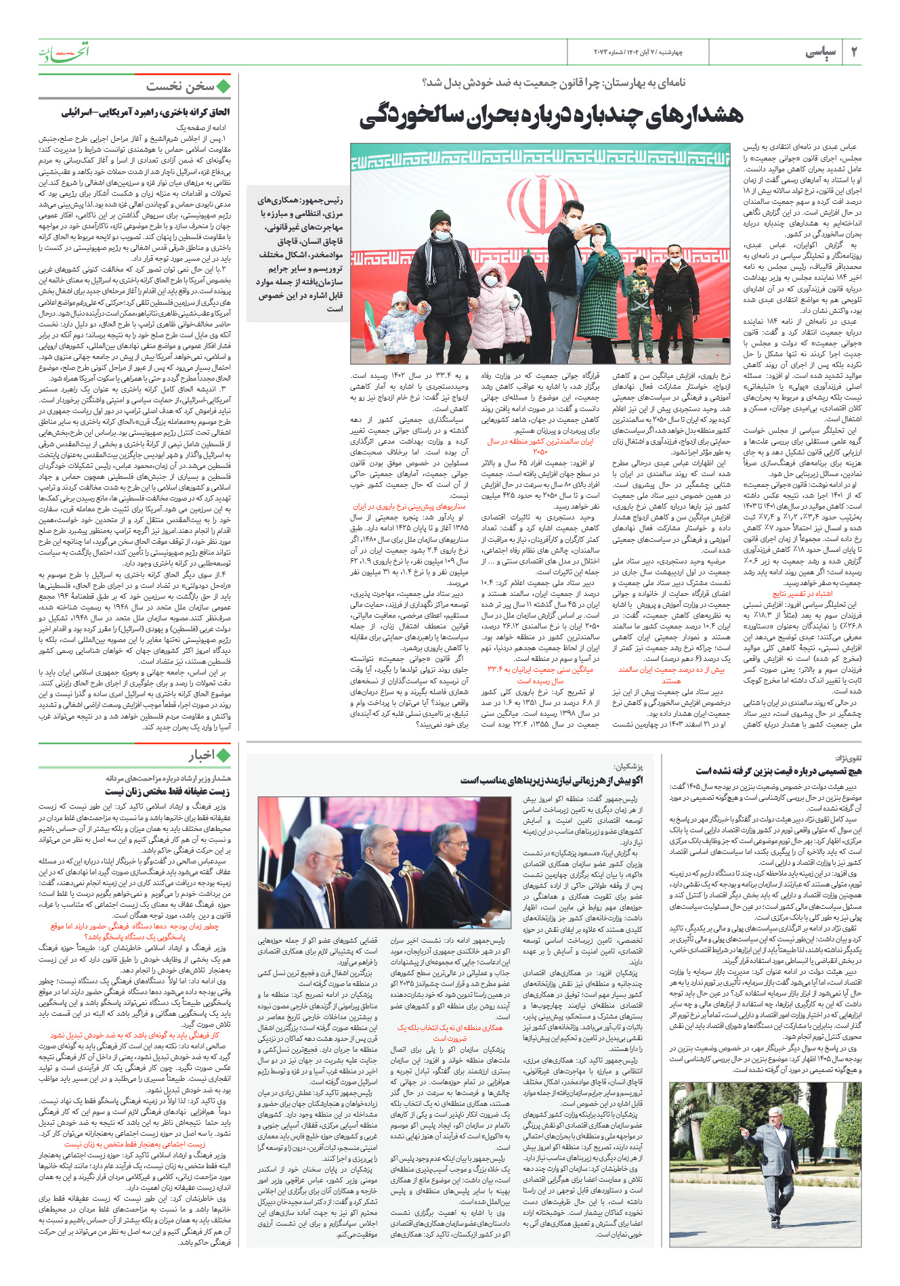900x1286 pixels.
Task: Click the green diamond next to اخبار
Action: point(223,755)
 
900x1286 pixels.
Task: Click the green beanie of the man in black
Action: point(440,218)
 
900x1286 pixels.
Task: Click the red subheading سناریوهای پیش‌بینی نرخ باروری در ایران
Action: point(410,506)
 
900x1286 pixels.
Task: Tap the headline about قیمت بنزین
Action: point(779,771)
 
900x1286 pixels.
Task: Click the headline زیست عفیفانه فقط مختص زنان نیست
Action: point(167,791)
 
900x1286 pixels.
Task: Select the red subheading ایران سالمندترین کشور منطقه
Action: point(540,446)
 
